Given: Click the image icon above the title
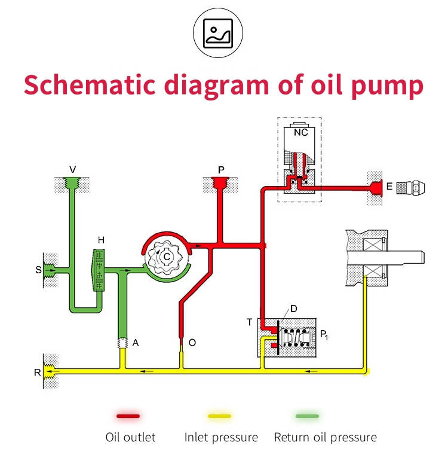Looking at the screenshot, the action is pos(218,33).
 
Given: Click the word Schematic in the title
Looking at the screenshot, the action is pos(90,85).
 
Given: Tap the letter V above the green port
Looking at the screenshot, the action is pos(72,169).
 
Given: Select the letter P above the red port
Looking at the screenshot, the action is pos(221,170).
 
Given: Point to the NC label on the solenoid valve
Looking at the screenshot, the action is pos(301,132).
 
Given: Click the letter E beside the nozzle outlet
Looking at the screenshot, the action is pos(389,187).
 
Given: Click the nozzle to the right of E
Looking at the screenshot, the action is pos(410,187).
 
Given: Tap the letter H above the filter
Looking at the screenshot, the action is pos(101,240).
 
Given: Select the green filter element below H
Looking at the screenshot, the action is pos(99,270).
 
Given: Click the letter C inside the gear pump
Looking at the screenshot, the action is pos(167,257).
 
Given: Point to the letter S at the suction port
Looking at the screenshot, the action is pos(38,270).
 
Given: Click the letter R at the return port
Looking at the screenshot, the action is pos(37,372).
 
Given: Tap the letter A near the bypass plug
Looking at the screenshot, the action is pos(136,343).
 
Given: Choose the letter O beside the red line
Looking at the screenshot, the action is pos(192,343).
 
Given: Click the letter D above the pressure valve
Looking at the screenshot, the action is pos(294,309).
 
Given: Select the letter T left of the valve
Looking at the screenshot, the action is pos(249,322).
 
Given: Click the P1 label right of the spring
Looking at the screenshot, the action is pos(324,335).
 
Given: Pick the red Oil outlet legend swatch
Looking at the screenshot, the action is pos(128,416).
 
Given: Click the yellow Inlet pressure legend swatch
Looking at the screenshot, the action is pos(220,416).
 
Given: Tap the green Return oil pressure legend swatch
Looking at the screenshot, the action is pos(307,416).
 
